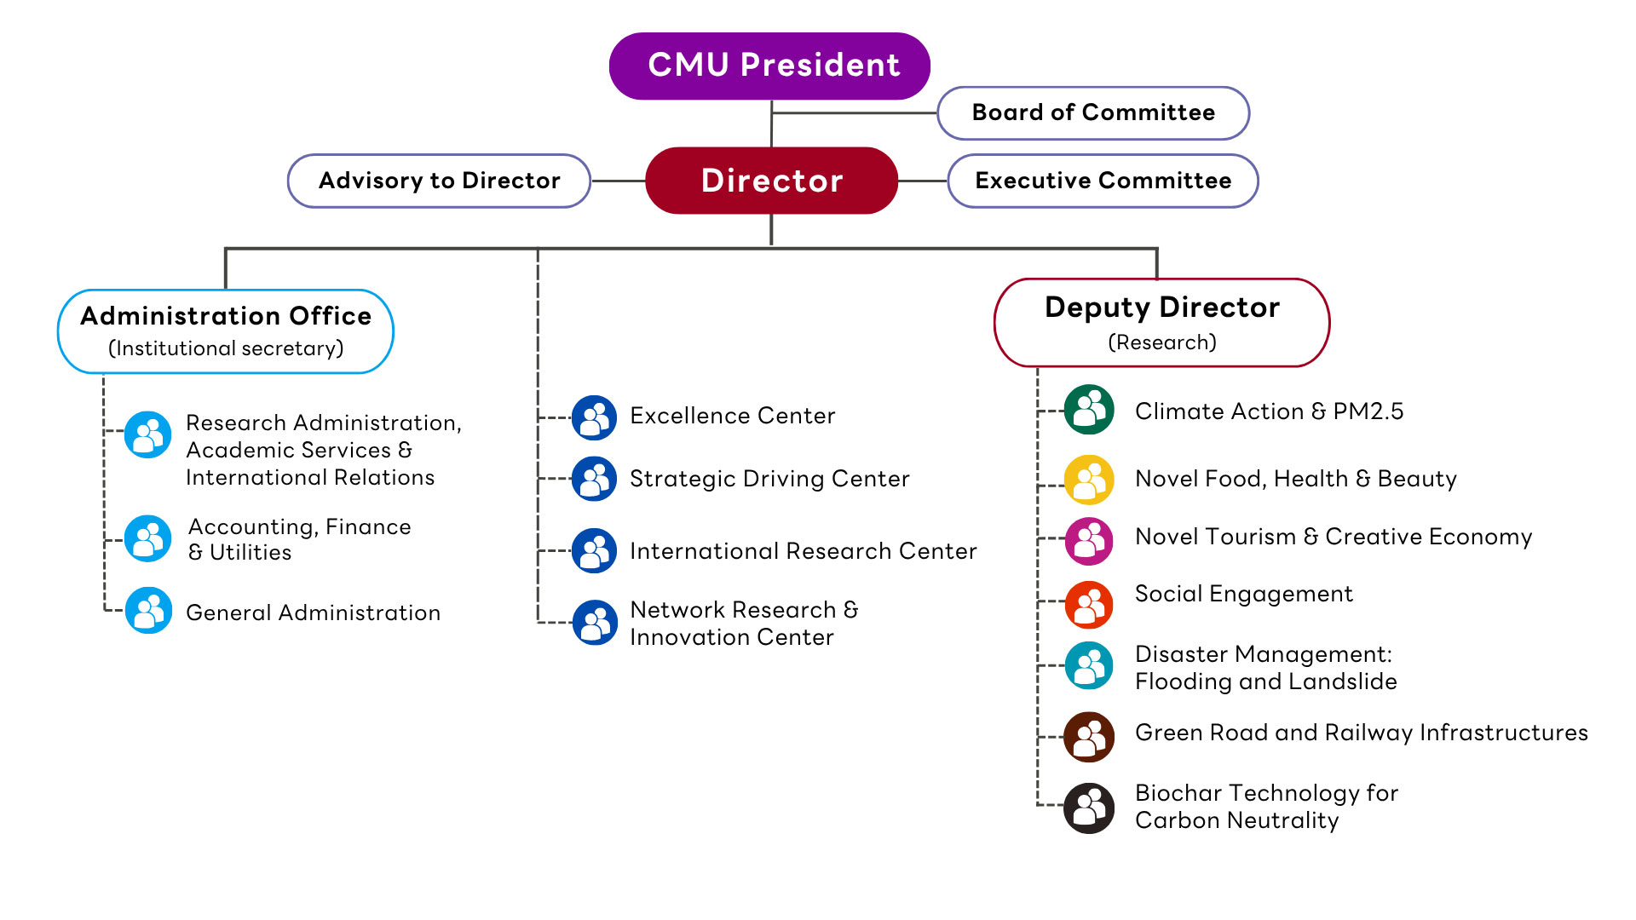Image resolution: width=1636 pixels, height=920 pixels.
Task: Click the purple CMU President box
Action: tap(769, 66)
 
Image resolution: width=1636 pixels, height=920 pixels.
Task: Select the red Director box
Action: tap(771, 181)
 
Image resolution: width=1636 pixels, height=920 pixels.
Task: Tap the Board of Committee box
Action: tap(1093, 112)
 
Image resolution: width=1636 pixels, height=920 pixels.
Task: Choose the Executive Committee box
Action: tap(1103, 181)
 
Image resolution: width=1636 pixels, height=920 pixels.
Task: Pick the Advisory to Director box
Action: tap(439, 181)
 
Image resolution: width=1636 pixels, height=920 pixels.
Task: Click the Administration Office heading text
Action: tap(226, 316)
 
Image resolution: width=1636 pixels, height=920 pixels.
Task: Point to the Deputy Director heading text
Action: tap(1162, 308)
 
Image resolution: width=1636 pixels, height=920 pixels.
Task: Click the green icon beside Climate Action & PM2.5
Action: tap(1089, 410)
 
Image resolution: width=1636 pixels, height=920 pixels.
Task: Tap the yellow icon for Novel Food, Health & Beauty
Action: tap(1089, 480)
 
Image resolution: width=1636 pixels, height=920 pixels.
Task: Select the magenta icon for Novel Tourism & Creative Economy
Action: tap(1089, 541)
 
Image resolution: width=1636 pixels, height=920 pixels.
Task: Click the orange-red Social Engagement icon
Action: tap(1089, 605)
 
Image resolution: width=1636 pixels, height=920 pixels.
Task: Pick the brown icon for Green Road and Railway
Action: tap(1089, 737)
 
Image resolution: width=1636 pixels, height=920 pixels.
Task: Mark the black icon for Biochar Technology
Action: tap(1089, 808)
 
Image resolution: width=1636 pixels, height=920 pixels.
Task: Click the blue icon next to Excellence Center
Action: tap(594, 417)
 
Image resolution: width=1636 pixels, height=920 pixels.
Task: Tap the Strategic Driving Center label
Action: tap(769, 479)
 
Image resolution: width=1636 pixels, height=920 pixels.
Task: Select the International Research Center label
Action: tap(803, 551)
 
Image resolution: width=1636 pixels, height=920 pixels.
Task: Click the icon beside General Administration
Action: tap(148, 610)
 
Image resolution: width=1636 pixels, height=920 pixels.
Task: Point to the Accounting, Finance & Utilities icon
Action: tap(148, 538)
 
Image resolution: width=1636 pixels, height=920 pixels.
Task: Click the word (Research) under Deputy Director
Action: tap(1162, 342)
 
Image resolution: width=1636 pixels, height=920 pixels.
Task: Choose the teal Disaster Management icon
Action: tap(1089, 665)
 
